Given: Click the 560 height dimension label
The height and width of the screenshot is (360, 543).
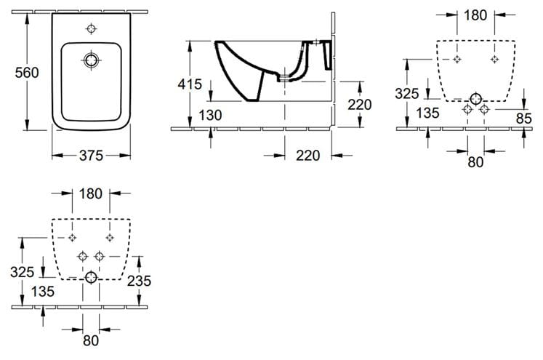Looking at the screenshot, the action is [x=27, y=73].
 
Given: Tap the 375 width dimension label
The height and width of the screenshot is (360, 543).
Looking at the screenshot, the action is [x=91, y=156].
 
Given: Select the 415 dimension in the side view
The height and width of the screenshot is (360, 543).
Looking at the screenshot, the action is [x=190, y=84].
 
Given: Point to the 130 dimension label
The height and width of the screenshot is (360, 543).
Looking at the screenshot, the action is [x=210, y=115].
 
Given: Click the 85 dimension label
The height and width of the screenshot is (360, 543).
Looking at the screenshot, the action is [x=523, y=119].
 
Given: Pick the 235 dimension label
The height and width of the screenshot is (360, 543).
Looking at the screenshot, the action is [x=139, y=281].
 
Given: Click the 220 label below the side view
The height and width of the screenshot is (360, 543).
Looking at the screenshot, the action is [x=308, y=156].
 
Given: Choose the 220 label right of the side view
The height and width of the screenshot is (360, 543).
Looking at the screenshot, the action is [x=360, y=105].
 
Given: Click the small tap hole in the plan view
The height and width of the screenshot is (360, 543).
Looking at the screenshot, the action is [x=91, y=29].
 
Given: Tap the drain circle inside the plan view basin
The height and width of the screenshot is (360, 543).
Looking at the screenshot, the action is [x=91, y=60].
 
